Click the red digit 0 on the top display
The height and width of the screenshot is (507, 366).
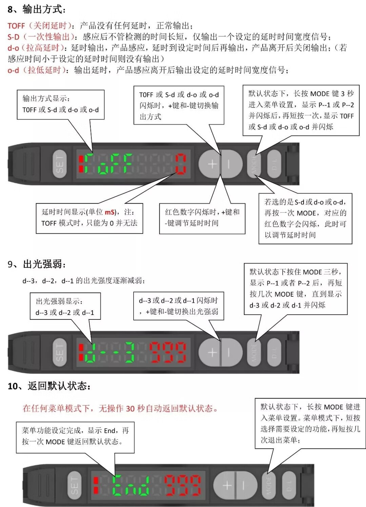(x=181, y=164)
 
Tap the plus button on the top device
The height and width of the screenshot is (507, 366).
(x=211, y=164)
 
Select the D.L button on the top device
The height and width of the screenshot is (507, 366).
(x=274, y=164)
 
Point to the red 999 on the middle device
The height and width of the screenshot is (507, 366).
(x=168, y=352)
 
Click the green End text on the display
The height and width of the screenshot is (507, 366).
(x=130, y=485)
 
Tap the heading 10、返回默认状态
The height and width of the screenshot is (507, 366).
(x=49, y=386)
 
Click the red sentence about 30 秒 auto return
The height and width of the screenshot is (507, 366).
(x=120, y=408)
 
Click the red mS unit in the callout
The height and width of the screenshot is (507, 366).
(x=109, y=212)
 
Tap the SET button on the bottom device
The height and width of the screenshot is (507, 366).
(x=75, y=485)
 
